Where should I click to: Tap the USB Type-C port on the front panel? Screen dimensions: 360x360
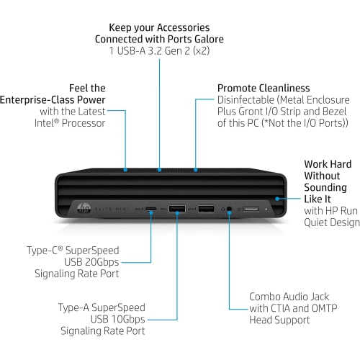coord(151,210)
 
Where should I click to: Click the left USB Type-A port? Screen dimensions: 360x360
coord(178,210)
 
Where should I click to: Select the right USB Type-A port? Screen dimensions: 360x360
coord(205,210)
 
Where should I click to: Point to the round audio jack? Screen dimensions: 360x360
coord(230,210)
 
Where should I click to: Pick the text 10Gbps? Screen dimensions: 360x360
coord(124,318)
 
